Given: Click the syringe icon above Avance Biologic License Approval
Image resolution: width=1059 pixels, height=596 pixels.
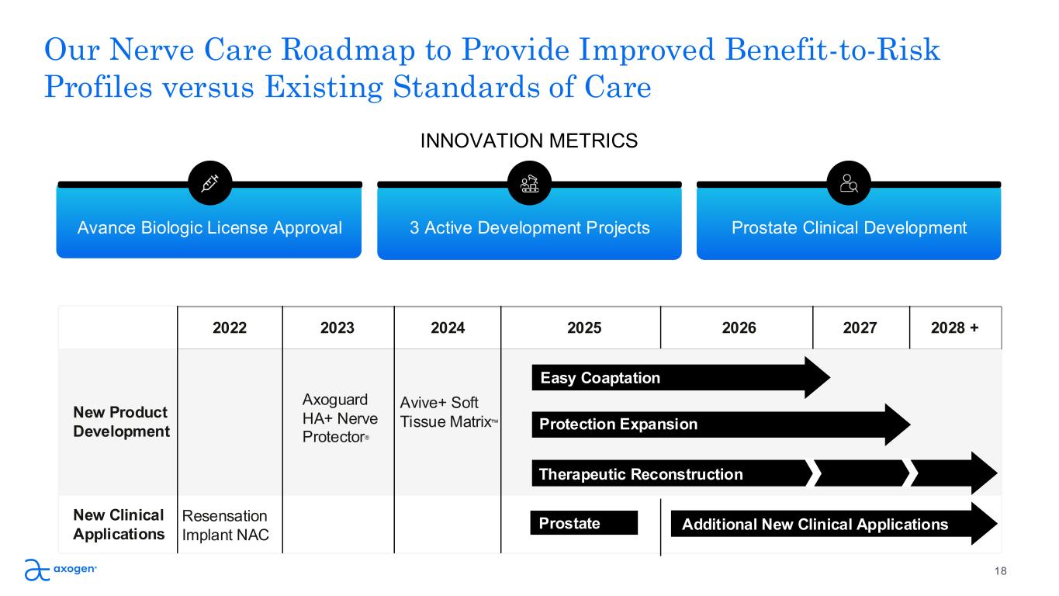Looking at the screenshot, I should tap(210, 183).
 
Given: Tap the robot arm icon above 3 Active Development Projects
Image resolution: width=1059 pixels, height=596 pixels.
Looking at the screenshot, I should tap(530, 183).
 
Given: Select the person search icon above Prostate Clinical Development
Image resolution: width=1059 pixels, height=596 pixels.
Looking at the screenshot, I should tap(850, 183).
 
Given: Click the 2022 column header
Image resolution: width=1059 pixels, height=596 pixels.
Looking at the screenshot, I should tap(230, 328).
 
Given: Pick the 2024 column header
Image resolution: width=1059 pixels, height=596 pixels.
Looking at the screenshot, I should tap(448, 328).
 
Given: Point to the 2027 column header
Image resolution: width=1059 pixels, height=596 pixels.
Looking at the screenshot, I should tap(860, 328).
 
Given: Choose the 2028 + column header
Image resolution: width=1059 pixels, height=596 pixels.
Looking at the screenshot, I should tap(955, 328).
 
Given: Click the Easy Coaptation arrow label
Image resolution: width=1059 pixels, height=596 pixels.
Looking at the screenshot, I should tap(600, 378).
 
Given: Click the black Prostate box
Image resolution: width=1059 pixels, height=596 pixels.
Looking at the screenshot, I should tap(583, 524).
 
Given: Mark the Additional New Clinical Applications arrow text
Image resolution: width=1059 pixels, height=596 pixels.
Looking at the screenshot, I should tap(815, 525).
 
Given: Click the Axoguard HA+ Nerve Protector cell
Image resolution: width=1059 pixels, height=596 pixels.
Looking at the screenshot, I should tap(339, 418).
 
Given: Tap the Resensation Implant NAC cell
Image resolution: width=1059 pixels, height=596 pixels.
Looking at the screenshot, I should tap(225, 525).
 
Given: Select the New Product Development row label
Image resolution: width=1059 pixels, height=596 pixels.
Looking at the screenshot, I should tap(121, 421).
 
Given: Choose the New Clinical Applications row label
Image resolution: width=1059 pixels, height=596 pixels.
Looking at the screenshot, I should tap(119, 525).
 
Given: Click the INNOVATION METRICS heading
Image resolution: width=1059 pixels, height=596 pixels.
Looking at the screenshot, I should tap(529, 140).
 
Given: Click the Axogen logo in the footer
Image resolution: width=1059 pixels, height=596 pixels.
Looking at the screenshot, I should tap(61, 570).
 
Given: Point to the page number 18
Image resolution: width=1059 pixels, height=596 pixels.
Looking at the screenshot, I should tap(1001, 571).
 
